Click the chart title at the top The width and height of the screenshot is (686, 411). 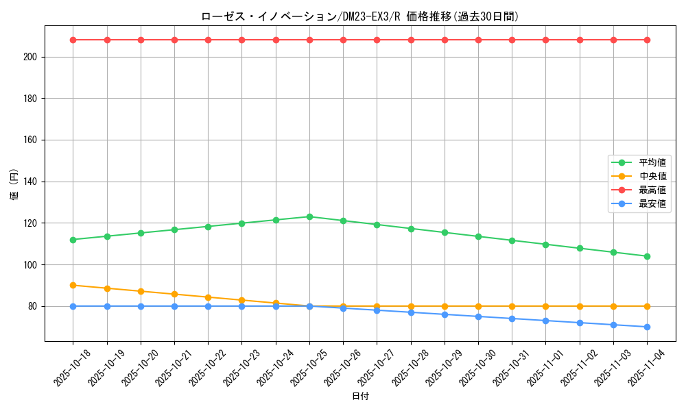360,16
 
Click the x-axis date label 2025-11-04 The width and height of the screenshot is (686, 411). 648,367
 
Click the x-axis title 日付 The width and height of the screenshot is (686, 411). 360,397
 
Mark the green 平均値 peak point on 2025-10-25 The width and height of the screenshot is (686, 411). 309,216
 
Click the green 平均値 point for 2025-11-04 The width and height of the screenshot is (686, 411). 647,256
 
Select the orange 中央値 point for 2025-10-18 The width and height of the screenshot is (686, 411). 73,285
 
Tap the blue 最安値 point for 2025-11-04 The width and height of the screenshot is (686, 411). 647,327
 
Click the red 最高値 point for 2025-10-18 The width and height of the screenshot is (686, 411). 73,40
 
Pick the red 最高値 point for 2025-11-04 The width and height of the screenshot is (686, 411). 647,40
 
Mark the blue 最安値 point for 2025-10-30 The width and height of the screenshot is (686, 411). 478,316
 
